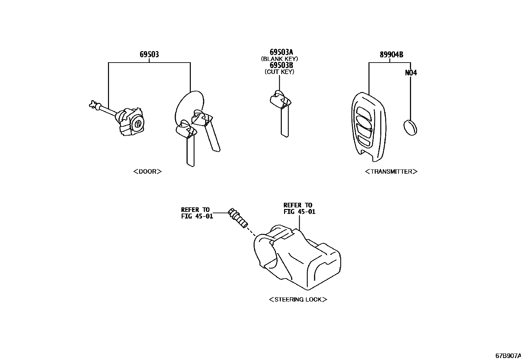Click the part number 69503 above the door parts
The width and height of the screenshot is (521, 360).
149,54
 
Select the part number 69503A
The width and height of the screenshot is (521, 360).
281,52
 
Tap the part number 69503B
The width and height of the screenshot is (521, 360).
281,65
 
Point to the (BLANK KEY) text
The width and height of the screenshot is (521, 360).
279,59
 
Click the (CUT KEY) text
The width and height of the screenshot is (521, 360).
279,72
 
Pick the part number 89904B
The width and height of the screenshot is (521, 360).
391,55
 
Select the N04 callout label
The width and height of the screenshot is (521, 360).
411,73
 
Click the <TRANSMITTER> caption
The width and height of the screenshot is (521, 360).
391,171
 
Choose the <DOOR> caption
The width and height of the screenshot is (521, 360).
148,171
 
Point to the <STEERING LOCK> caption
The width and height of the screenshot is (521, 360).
298,299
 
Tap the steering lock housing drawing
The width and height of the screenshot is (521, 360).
298,259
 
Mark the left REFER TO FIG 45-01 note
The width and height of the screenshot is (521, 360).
197,213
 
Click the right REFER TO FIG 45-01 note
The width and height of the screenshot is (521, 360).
299,208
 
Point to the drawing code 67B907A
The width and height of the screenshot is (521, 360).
507,355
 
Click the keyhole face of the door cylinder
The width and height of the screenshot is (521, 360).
138,124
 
